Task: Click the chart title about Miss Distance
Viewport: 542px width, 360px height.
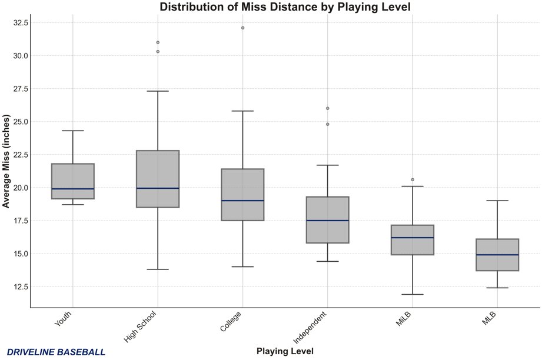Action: pos(285,7)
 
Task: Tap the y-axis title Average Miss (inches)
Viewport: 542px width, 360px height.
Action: pos(6,161)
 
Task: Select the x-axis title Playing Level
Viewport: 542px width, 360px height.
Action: pos(285,351)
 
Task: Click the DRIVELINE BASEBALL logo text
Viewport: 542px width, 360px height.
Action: pos(56,352)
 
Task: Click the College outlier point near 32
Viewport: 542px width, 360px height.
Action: pos(242,28)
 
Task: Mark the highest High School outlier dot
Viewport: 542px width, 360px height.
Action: pos(158,42)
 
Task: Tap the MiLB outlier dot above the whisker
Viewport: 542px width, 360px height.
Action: pos(413,179)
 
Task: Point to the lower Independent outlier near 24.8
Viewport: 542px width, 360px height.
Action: pos(328,124)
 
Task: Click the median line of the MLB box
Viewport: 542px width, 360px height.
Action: pos(497,255)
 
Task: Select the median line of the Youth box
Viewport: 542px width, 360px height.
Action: pos(73,189)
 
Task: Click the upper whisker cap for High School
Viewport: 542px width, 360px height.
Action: pos(158,91)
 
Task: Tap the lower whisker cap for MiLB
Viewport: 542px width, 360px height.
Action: pos(413,294)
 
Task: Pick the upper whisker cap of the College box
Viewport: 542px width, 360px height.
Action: pos(242,111)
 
